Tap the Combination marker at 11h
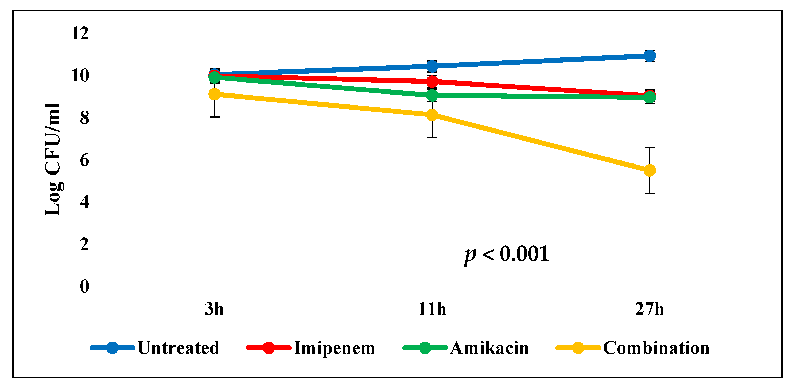(x=432, y=115)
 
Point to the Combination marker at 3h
(x=214, y=94)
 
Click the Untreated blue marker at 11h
(x=432, y=66)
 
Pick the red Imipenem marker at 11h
(x=432, y=81)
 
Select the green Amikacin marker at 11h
(x=432, y=96)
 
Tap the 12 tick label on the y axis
(x=80, y=33)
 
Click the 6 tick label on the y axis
(x=84, y=160)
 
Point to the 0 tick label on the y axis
(x=84, y=286)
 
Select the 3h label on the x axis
(x=214, y=309)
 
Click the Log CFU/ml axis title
(x=53, y=160)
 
